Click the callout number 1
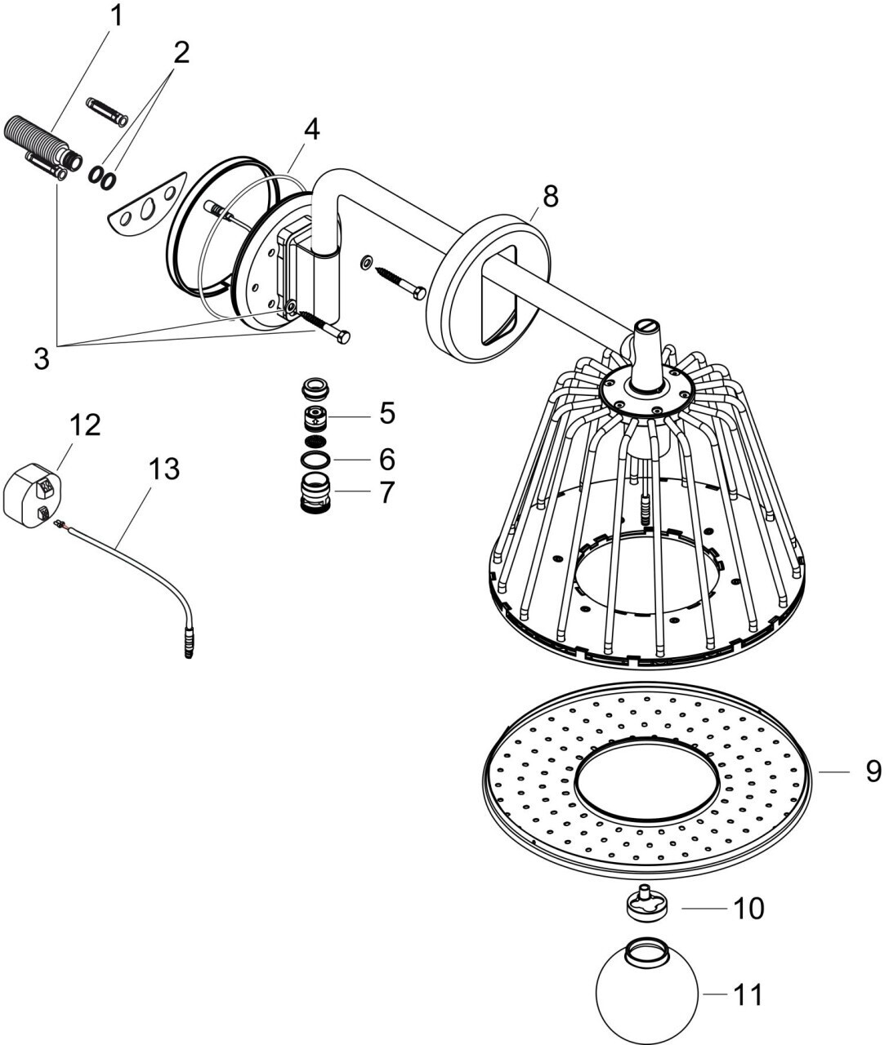(116, 16)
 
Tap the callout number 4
(311, 130)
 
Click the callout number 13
(164, 469)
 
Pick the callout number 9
(873, 772)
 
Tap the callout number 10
(748, 909)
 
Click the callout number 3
(42, 358)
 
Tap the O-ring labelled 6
(315, 460)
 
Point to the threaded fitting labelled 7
(315, 493)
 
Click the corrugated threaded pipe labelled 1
(42, 143)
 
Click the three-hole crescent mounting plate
(146, 204)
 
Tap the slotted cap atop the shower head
(646, 326)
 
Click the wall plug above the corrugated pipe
(106, 111)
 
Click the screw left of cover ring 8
(400, 284)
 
